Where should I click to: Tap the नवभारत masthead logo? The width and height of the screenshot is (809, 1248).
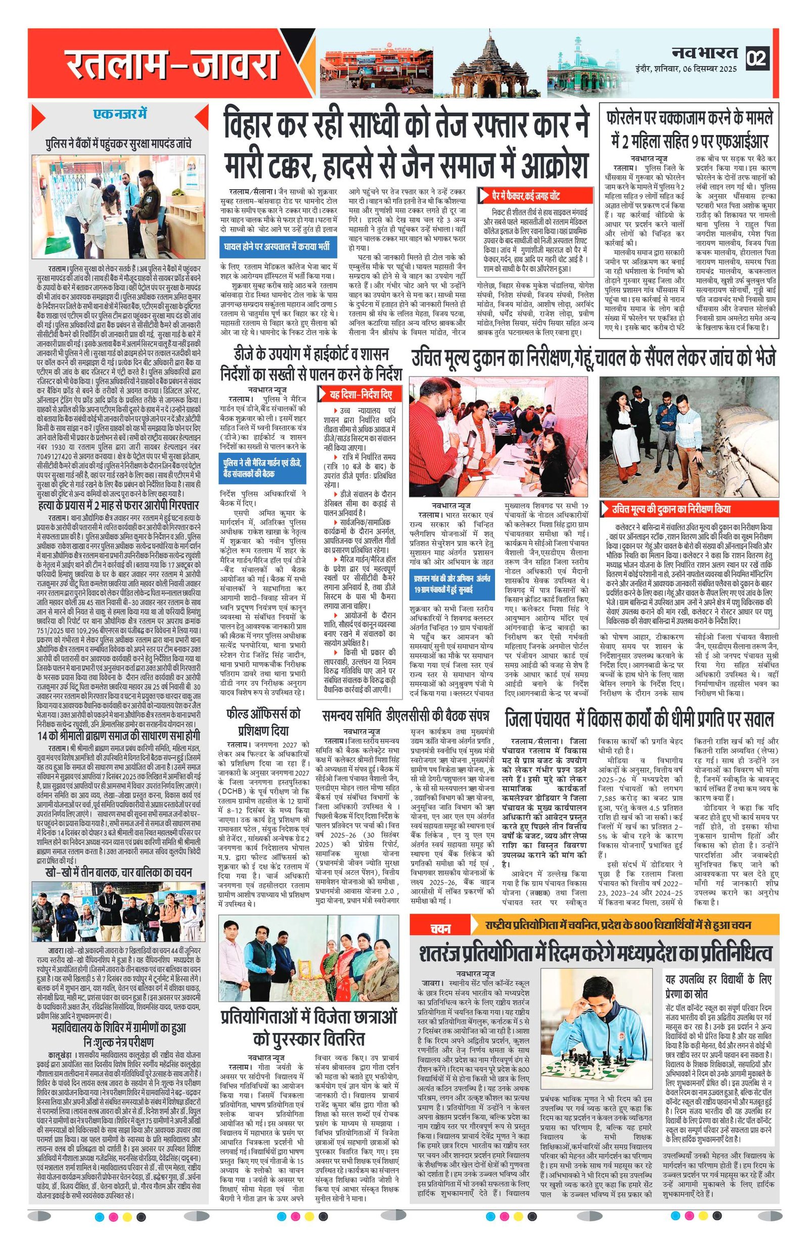click(705, 53)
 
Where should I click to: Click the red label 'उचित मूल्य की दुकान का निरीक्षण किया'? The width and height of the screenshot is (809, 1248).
click(670, 508)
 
